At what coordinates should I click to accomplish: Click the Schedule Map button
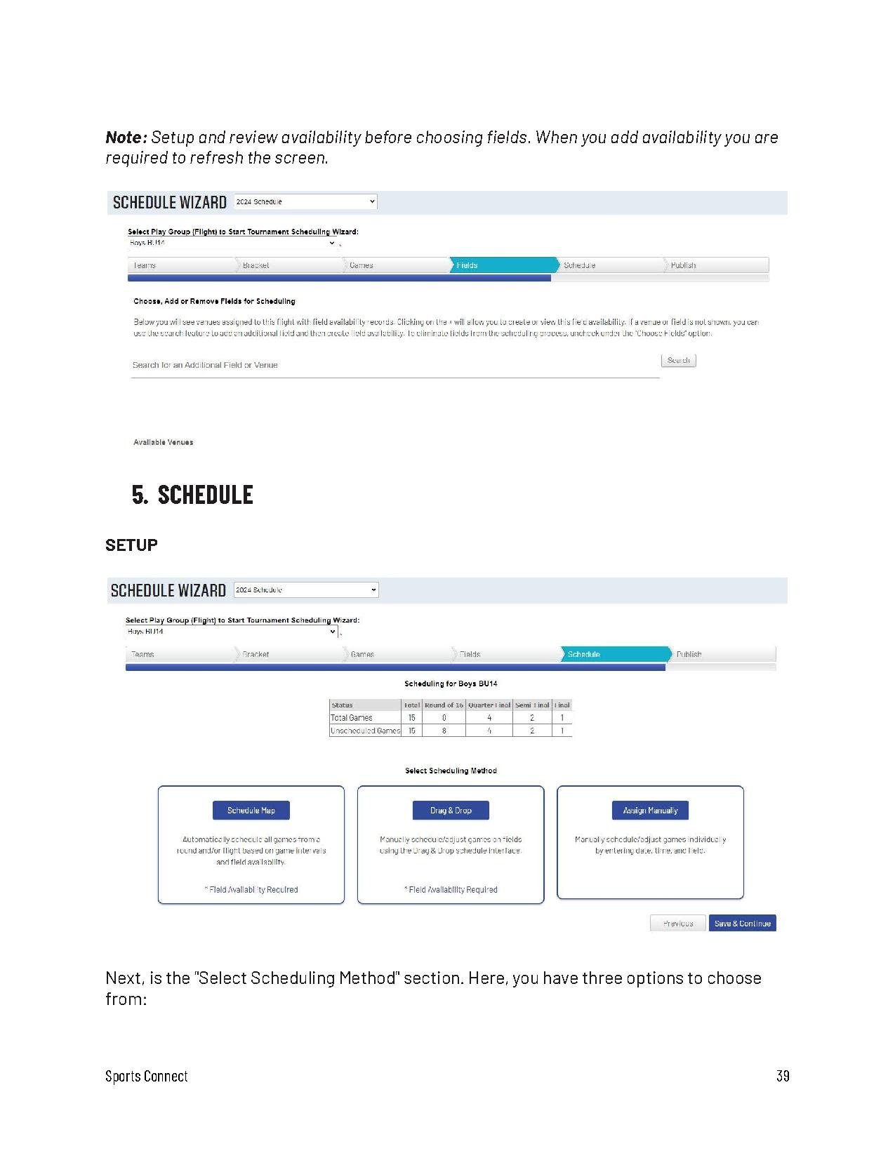(251, 811)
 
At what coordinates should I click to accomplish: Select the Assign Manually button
(650, 811)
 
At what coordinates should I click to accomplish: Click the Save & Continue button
(742, 924)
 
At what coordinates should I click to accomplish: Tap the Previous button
(677, 924)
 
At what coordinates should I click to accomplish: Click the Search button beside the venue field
(678, 361)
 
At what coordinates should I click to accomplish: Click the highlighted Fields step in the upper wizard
(503, 265)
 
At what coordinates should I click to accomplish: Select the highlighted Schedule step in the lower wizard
(614, 654)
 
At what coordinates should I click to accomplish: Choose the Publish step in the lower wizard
(722, 654)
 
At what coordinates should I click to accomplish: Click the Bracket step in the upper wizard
(288, 265)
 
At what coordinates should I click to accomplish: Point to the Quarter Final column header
(489, 705)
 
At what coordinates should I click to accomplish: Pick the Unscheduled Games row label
(365, 731)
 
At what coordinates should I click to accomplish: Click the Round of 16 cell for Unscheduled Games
(444, 731)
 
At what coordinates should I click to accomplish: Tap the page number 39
(783, 1076)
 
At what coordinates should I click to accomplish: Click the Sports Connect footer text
(147, 1076)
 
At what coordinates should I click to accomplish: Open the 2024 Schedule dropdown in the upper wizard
(305, 202)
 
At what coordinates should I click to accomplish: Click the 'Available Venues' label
(163, 442)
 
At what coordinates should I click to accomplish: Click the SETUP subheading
(131, 545)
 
